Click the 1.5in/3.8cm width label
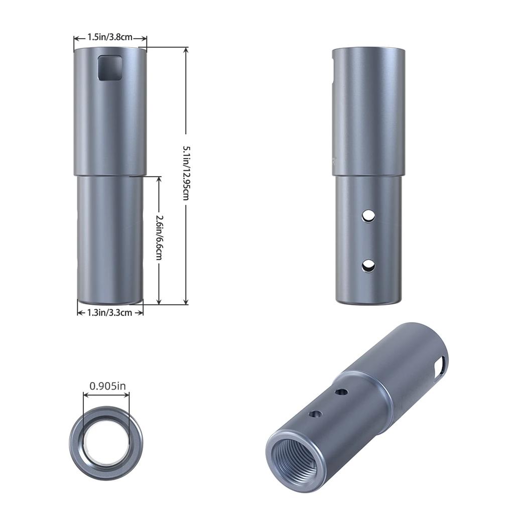click(x=110, y=37)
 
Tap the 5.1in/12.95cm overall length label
click(x=186, y=173)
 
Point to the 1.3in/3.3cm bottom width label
click(x=109, y=313)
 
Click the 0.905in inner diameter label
click(x=107, y=386)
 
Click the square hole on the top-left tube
click(x=110, y=68)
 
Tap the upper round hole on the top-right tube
click(x=369, y=216)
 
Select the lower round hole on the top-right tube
click(x=369, y=266)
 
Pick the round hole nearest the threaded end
click(x=316, y=414)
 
